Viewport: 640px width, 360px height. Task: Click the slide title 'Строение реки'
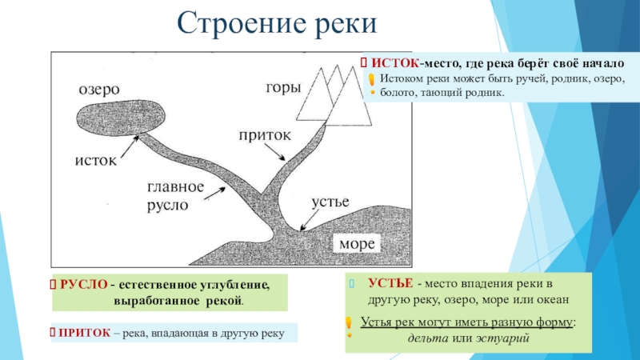click(276, 23)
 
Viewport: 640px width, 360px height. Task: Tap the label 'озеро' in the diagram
click(99, 90)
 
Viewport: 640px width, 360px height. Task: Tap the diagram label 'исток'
click(96, 161)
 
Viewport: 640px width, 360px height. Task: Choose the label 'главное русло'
click(175, 197)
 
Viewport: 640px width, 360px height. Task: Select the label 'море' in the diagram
click(358, 242)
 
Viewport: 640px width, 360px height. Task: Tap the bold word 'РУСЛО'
click(83, 285)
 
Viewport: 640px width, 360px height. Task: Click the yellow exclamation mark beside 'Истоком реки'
click(371, 79)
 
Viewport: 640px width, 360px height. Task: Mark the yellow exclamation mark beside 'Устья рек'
click(349, 322)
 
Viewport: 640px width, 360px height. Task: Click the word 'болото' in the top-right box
click(398, 93)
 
